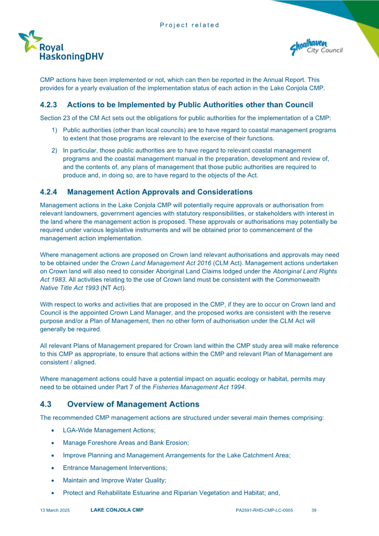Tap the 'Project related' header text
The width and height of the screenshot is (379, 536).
tap(189, 25)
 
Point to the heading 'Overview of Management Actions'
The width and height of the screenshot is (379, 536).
tap(133, 404)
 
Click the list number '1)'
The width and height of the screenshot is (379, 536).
tap(55, 130)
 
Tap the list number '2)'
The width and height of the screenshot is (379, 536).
tap(55, 150)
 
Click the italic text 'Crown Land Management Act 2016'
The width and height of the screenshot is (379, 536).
tap(158, 263)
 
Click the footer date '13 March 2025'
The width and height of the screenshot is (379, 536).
tap(55, 510)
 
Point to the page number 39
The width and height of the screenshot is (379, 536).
tap(314, 510)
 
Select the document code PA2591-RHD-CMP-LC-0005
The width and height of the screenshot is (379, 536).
tap(264, 510)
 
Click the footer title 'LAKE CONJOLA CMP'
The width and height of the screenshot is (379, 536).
tap(117, 510)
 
